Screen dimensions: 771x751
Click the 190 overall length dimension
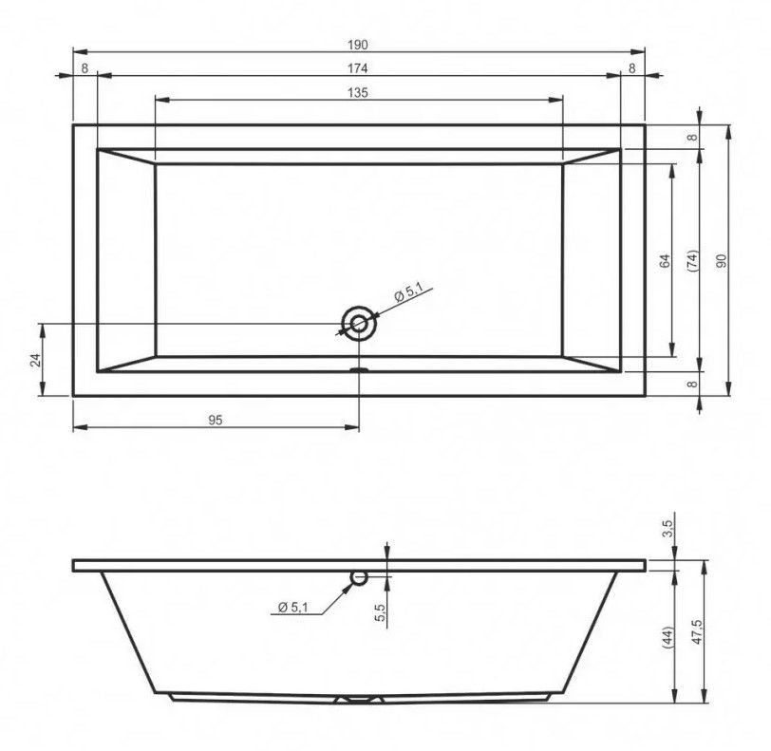(357, 45)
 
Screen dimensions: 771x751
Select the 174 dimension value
(357, 68)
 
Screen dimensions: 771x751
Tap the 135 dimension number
(357, 92)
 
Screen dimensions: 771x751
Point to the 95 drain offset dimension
(216, 420)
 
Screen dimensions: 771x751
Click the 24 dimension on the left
(35, 360)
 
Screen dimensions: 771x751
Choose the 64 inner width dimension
(665, 261)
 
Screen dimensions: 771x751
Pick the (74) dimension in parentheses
(692, 261)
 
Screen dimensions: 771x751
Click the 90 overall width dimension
(722, 261)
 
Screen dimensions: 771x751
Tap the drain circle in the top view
(359, 324)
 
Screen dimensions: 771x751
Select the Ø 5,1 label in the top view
(408, 293)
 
